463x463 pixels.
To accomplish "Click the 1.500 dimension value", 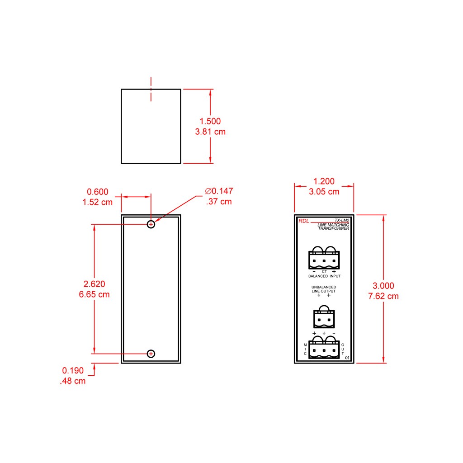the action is point(210,121).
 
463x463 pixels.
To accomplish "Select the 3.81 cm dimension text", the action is point(210,132).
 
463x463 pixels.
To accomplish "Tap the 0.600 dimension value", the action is point(98,192).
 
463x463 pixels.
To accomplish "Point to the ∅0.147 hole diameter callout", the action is point(219,191).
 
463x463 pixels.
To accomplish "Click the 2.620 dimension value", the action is point(94,284).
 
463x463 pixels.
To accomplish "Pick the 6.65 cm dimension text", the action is point(94,294).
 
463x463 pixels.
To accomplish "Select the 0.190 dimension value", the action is point(73,370).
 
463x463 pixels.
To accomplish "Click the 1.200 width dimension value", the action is point(324,181).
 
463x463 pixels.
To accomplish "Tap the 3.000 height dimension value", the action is point(383,286).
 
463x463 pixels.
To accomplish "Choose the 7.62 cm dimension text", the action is point(383,296).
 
